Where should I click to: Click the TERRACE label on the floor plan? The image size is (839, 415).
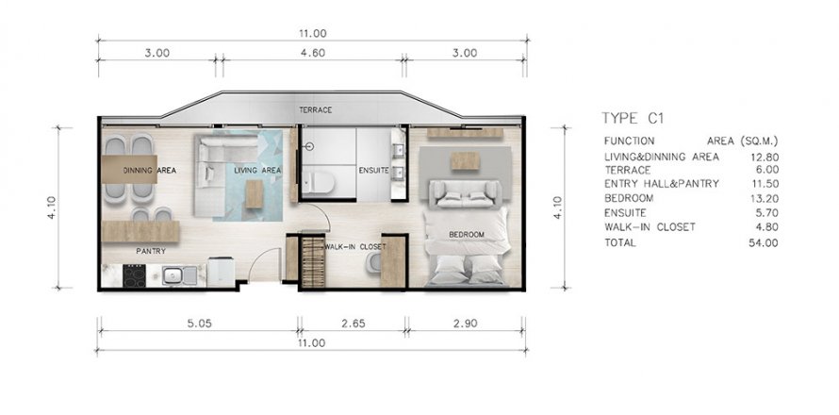tap(315, 110)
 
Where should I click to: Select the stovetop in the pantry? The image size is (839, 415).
tap(134, 275)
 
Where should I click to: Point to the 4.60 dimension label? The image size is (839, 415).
tap(312, 53)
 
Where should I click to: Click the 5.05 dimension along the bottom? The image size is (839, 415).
tap(199, 324)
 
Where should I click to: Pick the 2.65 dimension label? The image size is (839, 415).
tap(354, 324)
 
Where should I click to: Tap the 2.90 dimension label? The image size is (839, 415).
tap(465, 324)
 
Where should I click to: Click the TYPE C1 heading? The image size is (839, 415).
tap(633, 118)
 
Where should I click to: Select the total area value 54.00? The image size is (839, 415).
tap(764, 243)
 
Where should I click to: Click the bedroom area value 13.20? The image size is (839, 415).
tap(765, 199)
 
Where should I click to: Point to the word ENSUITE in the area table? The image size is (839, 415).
tap(625, 212)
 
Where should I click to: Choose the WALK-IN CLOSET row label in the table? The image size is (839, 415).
tap(650, 227)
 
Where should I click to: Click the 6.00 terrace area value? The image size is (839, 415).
tap(766, 170)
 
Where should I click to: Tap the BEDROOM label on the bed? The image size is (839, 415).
tap(467, 235)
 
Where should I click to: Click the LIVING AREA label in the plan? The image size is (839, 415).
tap(257, 171)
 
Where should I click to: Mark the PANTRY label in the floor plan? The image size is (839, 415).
tap(151, 251)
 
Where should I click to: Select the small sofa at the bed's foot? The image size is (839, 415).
tap(465, 193)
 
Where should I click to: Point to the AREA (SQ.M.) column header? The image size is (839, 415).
tap(742, 141)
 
